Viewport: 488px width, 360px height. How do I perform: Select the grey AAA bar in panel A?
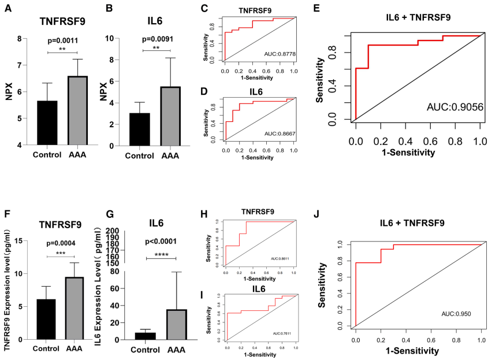(x=78, y=110)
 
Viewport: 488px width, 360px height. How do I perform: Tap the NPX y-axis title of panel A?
(x=9, y=92)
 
